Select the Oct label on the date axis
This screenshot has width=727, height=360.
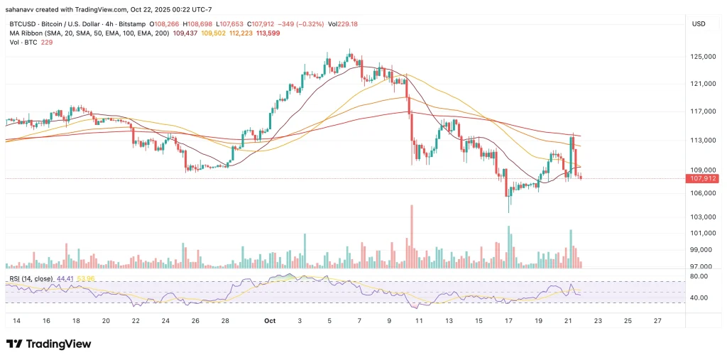(270, 321)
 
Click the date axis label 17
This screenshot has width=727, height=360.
(509, 321)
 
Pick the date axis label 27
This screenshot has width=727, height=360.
(658, 321)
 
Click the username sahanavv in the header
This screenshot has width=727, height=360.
(23, 9)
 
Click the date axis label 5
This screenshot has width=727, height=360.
(329, 321)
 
